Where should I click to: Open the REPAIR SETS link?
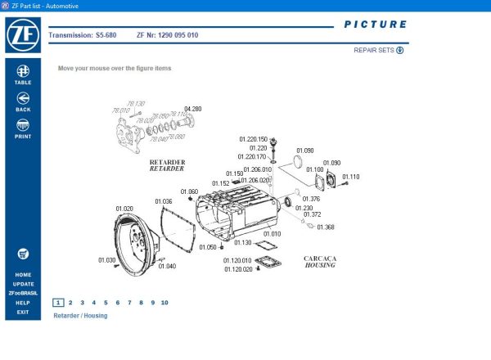point(379,50)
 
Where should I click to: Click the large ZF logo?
point(22,35)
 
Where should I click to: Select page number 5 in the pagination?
point(106,303)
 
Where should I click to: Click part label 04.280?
point(192,109)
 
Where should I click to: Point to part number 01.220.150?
point(253,139)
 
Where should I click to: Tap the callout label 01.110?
point(350,177)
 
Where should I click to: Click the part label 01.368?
point(325,227)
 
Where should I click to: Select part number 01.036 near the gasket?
point(163,201)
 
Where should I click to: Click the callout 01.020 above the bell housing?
point(124,209)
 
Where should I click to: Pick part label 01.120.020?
point(237,269)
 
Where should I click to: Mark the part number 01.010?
point(271,234)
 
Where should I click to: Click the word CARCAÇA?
point(320,259)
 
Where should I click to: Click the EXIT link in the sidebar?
point(23,312)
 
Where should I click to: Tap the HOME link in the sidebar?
point(23,275)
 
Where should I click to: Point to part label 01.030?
point(107,260)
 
